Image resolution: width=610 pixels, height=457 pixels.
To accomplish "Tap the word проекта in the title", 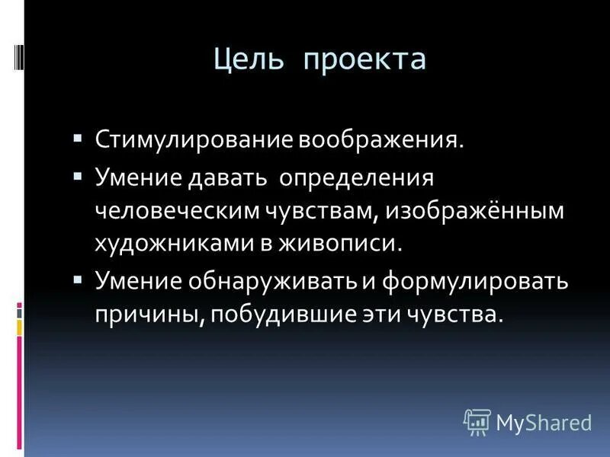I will (x=364, y=59).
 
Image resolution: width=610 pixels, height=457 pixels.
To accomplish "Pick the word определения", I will (x=357, y=178).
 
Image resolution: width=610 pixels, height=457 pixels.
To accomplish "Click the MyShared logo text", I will (x=544, y=420).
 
